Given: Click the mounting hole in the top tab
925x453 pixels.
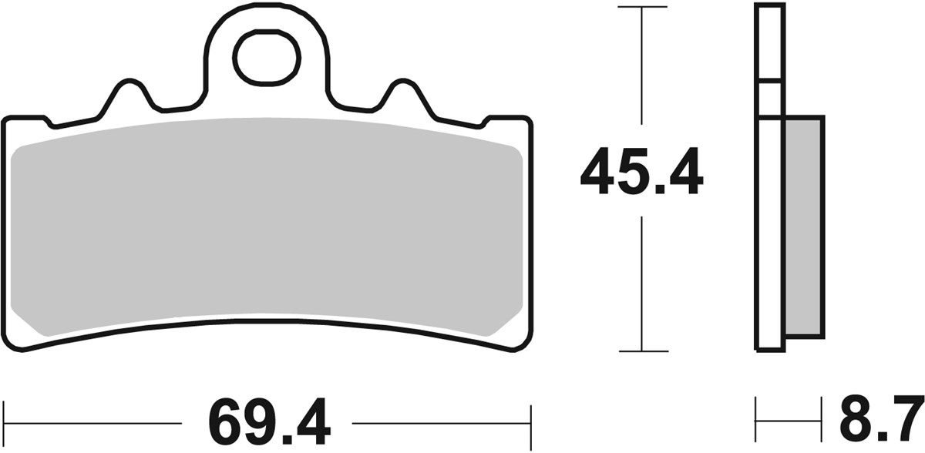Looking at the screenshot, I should tap(267, 59).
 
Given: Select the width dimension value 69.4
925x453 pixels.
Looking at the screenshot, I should tap(267, 423).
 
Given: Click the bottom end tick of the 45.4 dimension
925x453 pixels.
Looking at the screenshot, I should tap(642, 351).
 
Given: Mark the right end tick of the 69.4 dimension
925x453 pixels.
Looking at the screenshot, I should tap(530, 423).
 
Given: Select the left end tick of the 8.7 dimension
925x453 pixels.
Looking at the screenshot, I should tap(756, 420).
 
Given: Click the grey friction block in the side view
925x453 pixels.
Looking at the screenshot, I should tap(803, 227).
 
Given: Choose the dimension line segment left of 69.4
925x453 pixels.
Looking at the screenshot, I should tap(92, 423).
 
